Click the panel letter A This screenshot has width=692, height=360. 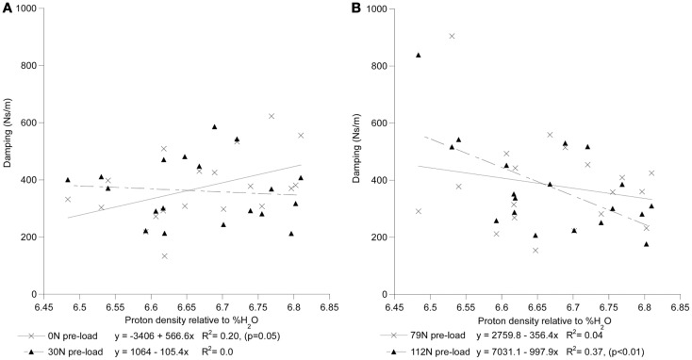(x=8, y=8)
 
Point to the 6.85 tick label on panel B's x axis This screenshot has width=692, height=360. (x=681, y=306)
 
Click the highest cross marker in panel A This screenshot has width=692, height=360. (x=272, y=116)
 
